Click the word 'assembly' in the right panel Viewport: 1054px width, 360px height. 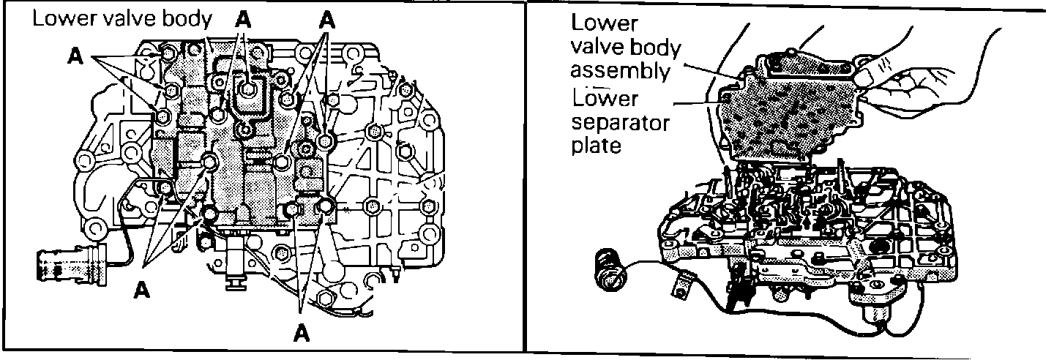(x=620, y=71)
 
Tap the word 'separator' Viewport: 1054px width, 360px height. (x=620, y=121)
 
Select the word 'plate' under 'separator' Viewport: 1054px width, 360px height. (x=596, y=146)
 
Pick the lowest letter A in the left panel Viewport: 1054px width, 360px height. (x=299, y=333)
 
